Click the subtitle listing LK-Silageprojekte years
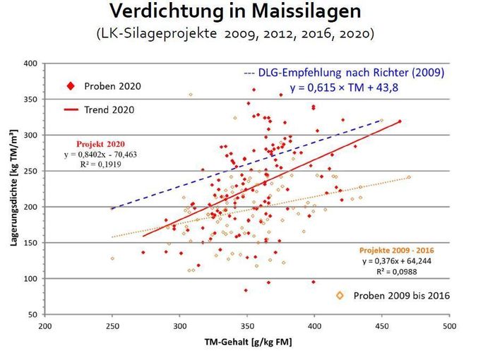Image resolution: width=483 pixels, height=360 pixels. [241, 33]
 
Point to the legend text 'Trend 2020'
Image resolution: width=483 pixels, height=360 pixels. [109, 109]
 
